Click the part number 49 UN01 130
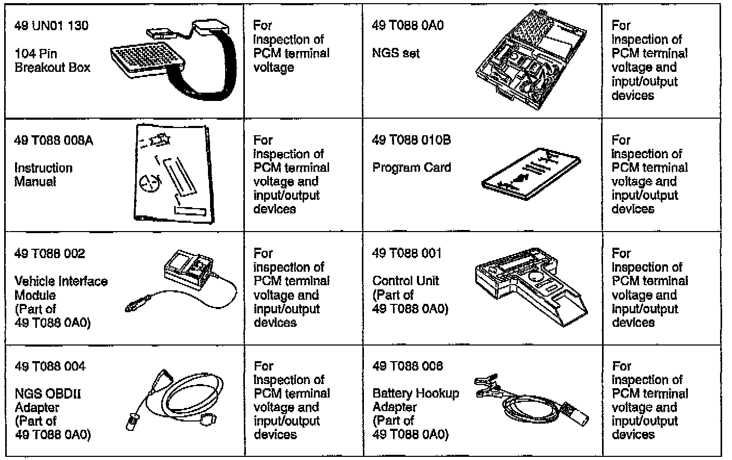point(51,25)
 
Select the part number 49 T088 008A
point(54,140)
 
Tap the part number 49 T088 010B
point(411,140)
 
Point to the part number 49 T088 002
point(50,253)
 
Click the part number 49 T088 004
point(50,366)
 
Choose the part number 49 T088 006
point(408,366)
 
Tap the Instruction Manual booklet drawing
point(172,174)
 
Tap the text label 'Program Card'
point(411,168)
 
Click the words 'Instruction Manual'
point(43,175)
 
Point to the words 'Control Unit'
point(406,281)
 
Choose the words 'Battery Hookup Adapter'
point(415,400)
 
